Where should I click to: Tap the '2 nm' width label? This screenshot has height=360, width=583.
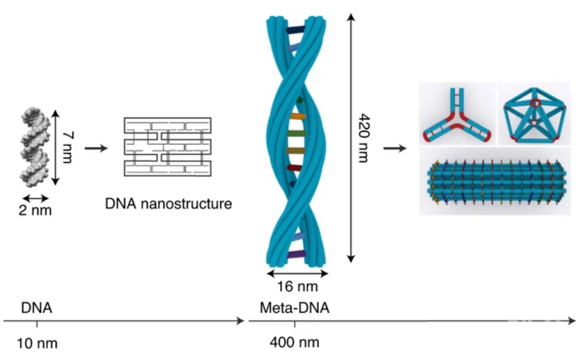pyautogui.click(x=35, y=210)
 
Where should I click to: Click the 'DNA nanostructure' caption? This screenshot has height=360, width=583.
pyautogui.click(x=167, y=204)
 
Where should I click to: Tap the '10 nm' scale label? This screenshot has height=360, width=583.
pyautogui.click(x=38, y=343)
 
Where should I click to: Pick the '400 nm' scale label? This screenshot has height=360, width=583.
pyautogui.click(x=295, y=343)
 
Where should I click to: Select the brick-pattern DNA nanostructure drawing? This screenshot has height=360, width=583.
pyautogui.click(x=167, y=146)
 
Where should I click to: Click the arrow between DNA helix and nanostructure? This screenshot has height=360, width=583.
pyautogui.click(x=95, y=148)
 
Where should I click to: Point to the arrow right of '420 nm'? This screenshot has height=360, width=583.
pyautogui.click(x=394, y=148)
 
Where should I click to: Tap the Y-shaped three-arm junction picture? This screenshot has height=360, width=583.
pyautogui.click(x=457, y=113)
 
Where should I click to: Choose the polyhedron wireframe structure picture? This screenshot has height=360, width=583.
pyautogui.click(x=536, y=113)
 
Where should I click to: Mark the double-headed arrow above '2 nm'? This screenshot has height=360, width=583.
pyautogui.click(x=34, y=196)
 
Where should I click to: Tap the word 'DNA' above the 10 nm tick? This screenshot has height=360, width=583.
pyautogui.click(x=37, y=307)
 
